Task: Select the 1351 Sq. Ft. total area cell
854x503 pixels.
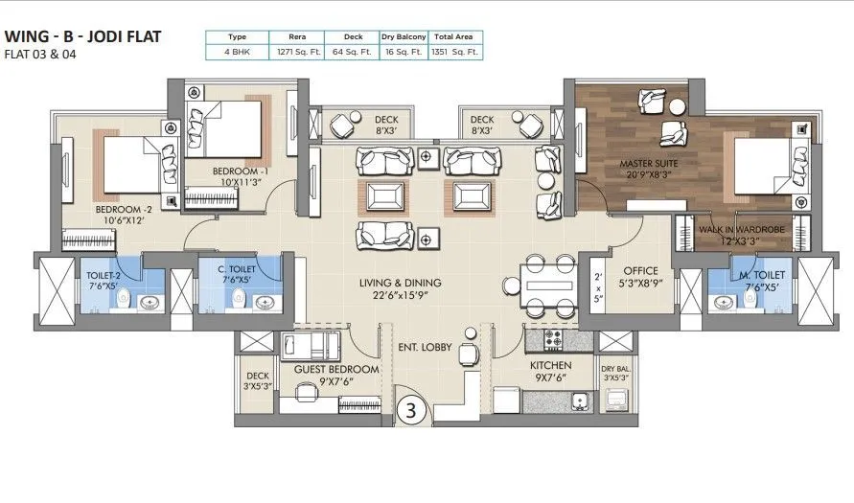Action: click(x=457, y=53)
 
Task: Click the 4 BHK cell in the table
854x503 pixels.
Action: click(x=238, y=53)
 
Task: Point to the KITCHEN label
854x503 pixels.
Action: click(x=551, y=366)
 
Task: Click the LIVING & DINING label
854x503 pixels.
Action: click(x=401, y=283)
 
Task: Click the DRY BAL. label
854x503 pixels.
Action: click(x=614, y=368)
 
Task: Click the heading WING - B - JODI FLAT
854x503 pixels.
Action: click(x=82, y=36)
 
